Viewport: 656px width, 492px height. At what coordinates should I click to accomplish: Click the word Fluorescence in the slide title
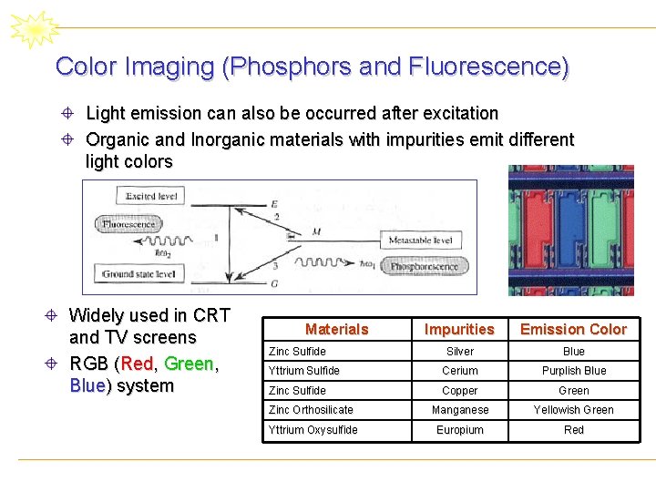click(x=487, y=67)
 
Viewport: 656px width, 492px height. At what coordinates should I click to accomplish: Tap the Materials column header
click(x=336, y=329)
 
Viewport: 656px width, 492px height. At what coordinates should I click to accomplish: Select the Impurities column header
click(x=459, y=329)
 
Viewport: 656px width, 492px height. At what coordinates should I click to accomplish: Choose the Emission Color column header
click(x=573, y=329)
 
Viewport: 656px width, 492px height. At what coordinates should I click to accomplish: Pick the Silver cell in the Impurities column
click(x=459, y=352)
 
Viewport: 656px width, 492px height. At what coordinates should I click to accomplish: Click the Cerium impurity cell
click(x=459, y=371)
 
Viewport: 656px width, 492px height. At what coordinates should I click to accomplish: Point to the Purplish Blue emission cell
click(x=573, y=371)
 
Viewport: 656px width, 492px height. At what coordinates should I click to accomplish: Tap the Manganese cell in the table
click(x=459, y=410)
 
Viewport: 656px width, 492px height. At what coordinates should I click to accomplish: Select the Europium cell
click(x=459, y=430)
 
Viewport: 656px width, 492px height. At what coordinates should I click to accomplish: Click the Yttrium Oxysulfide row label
click(x=313, y=430)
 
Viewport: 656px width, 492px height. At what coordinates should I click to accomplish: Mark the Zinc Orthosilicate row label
click(x=310, y=410)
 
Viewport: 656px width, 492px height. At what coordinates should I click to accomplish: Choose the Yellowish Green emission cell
click(x=573, y=410)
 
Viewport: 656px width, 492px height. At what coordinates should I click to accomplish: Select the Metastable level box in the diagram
click(x=419, y=241)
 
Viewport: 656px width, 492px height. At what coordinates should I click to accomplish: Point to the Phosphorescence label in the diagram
click(x=424, y=267)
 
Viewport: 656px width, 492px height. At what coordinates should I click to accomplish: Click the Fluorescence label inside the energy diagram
click(x=128, y=224)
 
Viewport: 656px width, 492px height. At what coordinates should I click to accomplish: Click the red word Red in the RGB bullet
click(x=137, y=364)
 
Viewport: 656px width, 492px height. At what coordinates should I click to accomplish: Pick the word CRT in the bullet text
click(x=211, y=316)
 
